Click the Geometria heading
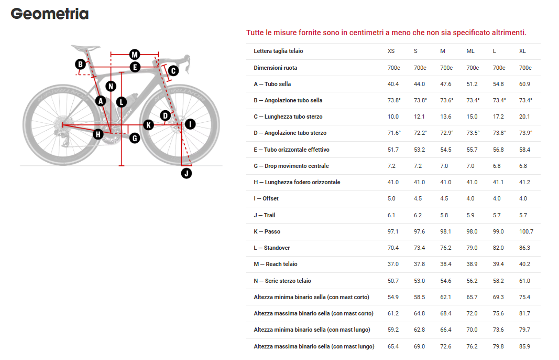(50, 14)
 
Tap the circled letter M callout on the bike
(135, 55)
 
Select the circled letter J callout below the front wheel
(187, 174)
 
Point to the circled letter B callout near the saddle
(81, 64)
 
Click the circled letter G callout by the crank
(135, 138)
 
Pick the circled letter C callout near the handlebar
(173, 71)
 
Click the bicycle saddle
(85, 48)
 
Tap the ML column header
(470, 51)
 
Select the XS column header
(391, 51)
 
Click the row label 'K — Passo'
(267, 231)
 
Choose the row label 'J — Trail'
(265, 215)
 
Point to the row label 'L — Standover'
(272, 248)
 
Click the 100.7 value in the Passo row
(526, 231)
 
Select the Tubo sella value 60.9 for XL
(524, 84)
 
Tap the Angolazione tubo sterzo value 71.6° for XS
(394, 133)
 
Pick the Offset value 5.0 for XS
(391, 198)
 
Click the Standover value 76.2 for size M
(446, 248)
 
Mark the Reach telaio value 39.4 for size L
(498, 264)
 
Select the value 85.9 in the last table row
(524, 346)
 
